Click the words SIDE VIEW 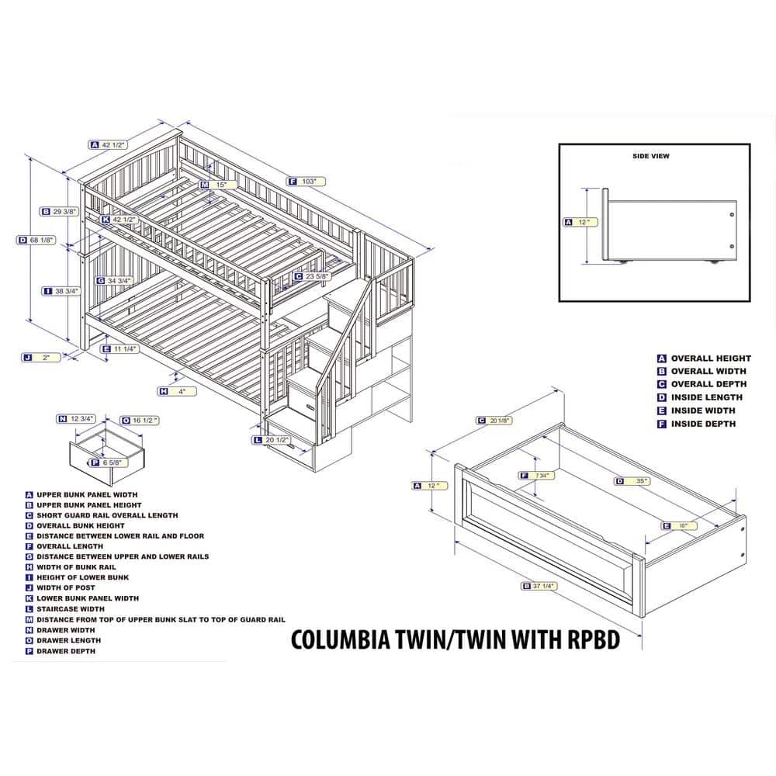(x=650, y=156)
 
